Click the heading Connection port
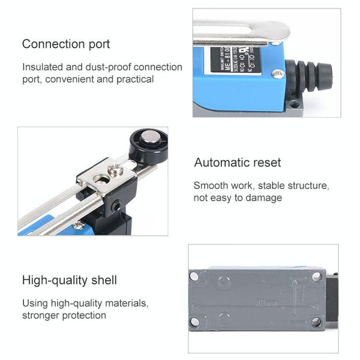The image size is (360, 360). click(66, 44)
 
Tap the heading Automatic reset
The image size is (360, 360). click(237, 163)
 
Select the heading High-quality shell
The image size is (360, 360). click(70, 280)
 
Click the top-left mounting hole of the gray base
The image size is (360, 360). click(194, 277)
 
